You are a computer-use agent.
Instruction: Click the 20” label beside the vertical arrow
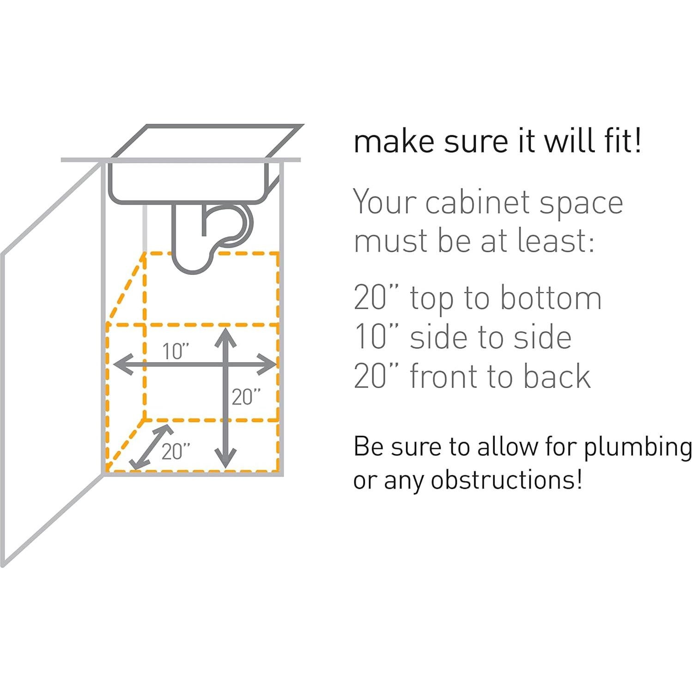click(x=246, y=397)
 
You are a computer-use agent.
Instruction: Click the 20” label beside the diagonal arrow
click(x=176, y=451)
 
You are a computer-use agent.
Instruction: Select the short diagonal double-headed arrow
click(x=151, y=447)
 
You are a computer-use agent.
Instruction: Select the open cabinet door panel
click(x=51, y=365)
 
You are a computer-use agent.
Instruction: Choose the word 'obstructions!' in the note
click(x=506, y=480)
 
